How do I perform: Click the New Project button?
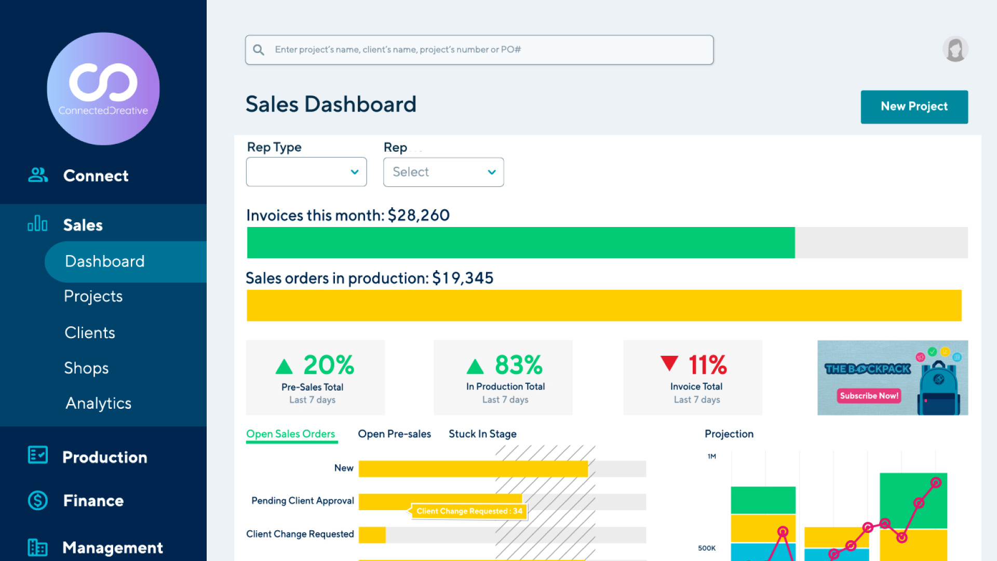click(914, 106)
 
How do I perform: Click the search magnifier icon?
click(259, 50)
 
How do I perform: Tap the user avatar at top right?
click(955, 49)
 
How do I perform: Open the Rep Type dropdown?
click(306, 172)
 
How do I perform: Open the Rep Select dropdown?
click(443, 172)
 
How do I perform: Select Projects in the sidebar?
click(93, 296)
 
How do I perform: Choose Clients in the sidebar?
click(90, 332)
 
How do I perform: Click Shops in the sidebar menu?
click(86, 368)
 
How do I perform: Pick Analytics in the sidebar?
click(98, 403)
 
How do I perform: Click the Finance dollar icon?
click(38, 500)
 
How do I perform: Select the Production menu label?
click(104, 457)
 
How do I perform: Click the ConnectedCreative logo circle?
click(103, 89)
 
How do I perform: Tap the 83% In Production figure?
click(518, 365)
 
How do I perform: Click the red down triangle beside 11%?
click(669, 363)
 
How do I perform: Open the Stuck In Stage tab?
click(482, 434)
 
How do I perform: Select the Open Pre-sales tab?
click(394, 434)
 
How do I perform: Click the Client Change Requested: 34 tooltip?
click(469, 511)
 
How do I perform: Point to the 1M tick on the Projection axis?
click(711, 457)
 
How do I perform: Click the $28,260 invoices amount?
click(419, 215)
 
